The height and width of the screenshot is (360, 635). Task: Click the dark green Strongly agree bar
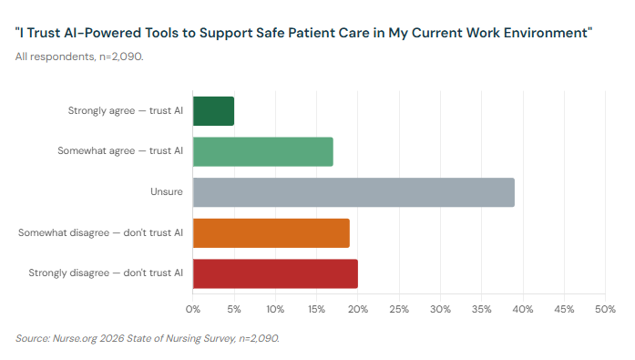pos(213,110)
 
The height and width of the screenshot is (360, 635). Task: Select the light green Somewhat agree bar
pos(263,151)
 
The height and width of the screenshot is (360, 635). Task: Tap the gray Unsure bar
pos(353,192)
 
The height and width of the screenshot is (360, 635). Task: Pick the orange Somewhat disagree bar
pos(271,233)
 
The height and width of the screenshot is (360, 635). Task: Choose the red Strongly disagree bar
pos(275,273)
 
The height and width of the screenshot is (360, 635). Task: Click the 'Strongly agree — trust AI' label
pos(126,110)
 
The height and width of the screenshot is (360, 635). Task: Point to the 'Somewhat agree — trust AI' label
pos(119,151)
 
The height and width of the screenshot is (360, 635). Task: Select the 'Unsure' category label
pos(167,192)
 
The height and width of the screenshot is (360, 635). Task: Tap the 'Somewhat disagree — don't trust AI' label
pos(101,233)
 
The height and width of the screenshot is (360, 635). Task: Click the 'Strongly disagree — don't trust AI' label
pos(106,273)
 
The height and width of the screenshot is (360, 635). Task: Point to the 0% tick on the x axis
pos(193,310)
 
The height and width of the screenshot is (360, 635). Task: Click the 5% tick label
pos(234,310)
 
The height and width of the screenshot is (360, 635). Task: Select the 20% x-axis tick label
pos(358,310)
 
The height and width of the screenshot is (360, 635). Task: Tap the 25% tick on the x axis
pos(399,310)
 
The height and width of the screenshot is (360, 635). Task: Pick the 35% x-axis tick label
pos(482,310)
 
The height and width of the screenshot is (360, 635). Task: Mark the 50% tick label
pos(605,310)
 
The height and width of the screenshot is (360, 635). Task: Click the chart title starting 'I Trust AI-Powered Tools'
pos(304,34)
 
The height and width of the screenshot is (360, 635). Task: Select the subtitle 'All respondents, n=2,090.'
pos(79,57)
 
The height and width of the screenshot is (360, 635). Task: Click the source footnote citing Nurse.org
pos(148,338)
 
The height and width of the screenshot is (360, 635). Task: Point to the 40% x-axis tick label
pos(523,310)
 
